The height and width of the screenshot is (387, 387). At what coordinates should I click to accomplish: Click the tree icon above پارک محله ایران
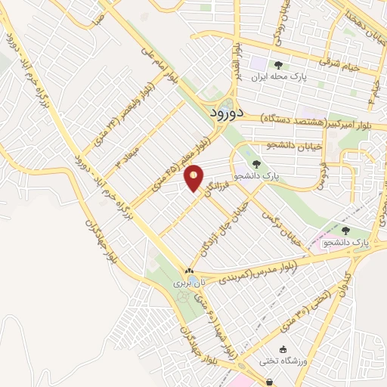279,66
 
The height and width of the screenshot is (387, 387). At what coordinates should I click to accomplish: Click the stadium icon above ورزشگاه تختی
283,349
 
